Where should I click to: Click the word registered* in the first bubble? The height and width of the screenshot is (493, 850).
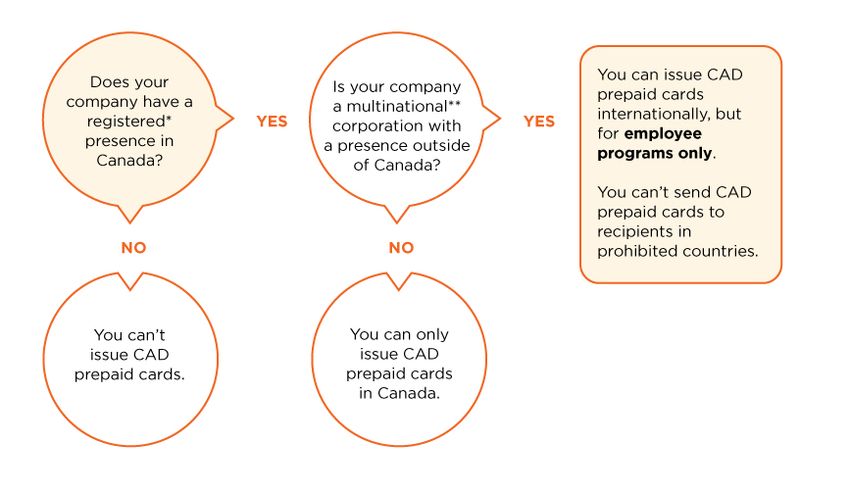click(x=128, y=121)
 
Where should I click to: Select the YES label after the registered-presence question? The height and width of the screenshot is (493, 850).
click(x=272, y=122)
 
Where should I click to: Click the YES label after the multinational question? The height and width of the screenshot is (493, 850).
click(x=538, y=122)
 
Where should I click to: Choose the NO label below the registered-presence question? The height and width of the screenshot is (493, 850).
click(x=133, y=248)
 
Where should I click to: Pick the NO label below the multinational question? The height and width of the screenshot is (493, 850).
click(x=401, y=248)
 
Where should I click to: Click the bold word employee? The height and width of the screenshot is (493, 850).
click(x=663, y=133)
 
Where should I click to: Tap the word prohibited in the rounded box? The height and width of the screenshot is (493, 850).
click(x=633, y=251)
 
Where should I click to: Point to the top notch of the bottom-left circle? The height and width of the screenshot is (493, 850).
click(x=128, y=282)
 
